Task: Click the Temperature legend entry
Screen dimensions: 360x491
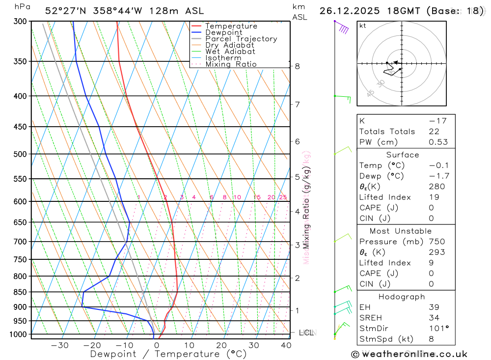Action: pos(231,26)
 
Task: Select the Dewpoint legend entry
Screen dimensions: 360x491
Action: pos(223,32)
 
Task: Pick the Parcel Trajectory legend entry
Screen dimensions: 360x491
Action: pos(241,39)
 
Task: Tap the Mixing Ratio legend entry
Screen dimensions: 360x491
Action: pos(231,64)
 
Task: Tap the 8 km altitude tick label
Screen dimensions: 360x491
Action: pos(298,66)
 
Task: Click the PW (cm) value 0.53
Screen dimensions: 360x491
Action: pos(438,142)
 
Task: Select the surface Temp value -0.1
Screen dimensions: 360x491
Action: pos(438,166)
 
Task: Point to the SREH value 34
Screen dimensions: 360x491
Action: pos(434,318)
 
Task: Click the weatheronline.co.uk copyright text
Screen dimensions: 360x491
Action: pos(409,354)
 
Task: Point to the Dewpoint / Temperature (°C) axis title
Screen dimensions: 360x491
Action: pos(168,354)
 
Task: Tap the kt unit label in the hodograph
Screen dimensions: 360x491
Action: pos(363,26)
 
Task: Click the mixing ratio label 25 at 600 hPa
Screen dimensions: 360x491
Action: pos(283,197)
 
